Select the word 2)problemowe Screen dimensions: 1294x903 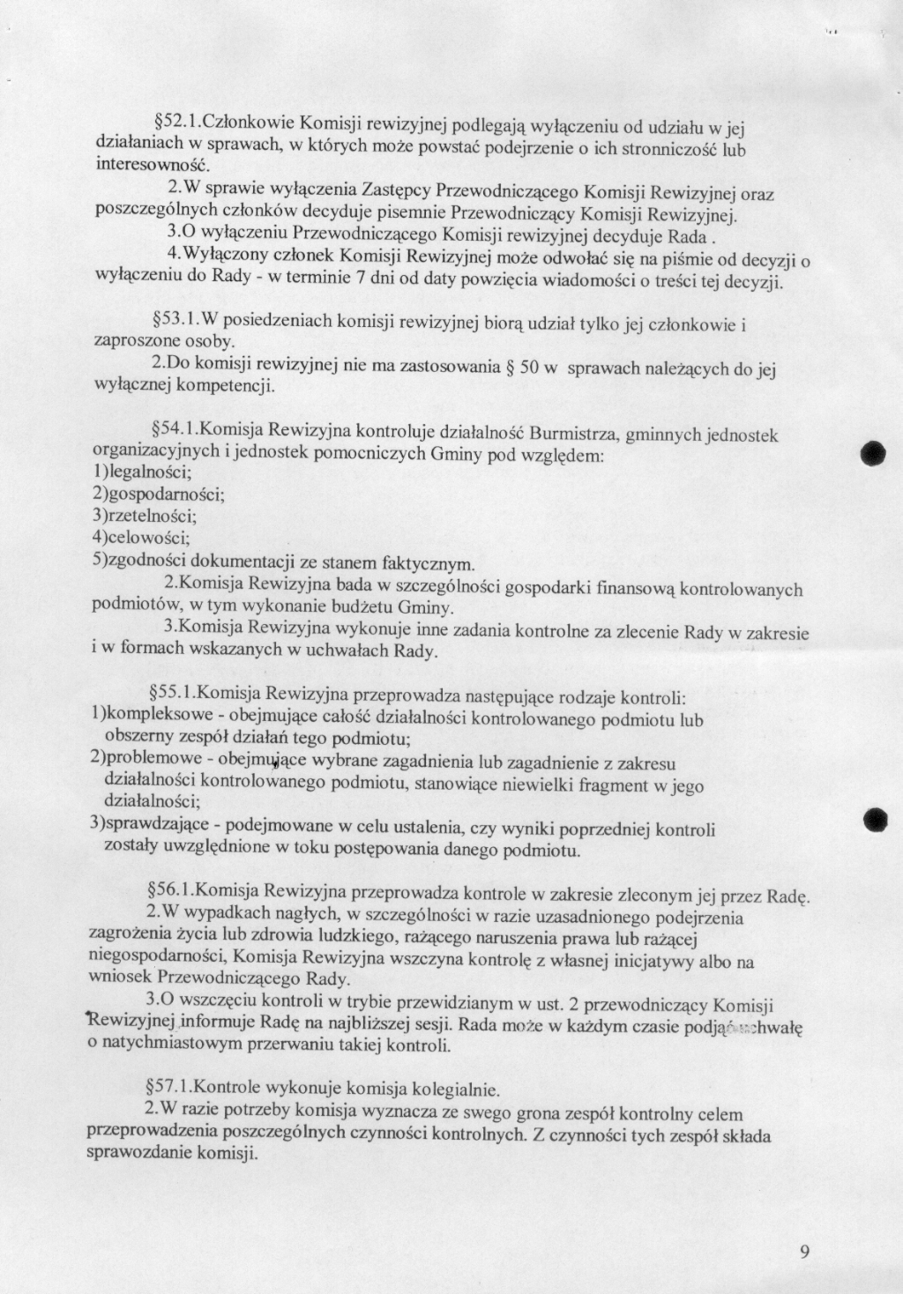click(146, 757)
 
